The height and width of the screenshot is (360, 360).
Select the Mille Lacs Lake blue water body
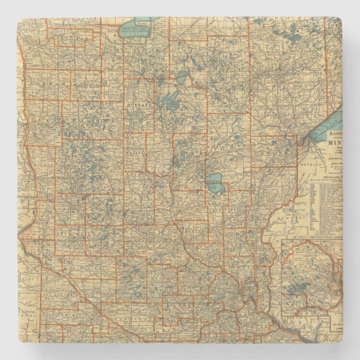[x=215, y=184]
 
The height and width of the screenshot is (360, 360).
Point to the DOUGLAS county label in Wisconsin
[x=326, y=165]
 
